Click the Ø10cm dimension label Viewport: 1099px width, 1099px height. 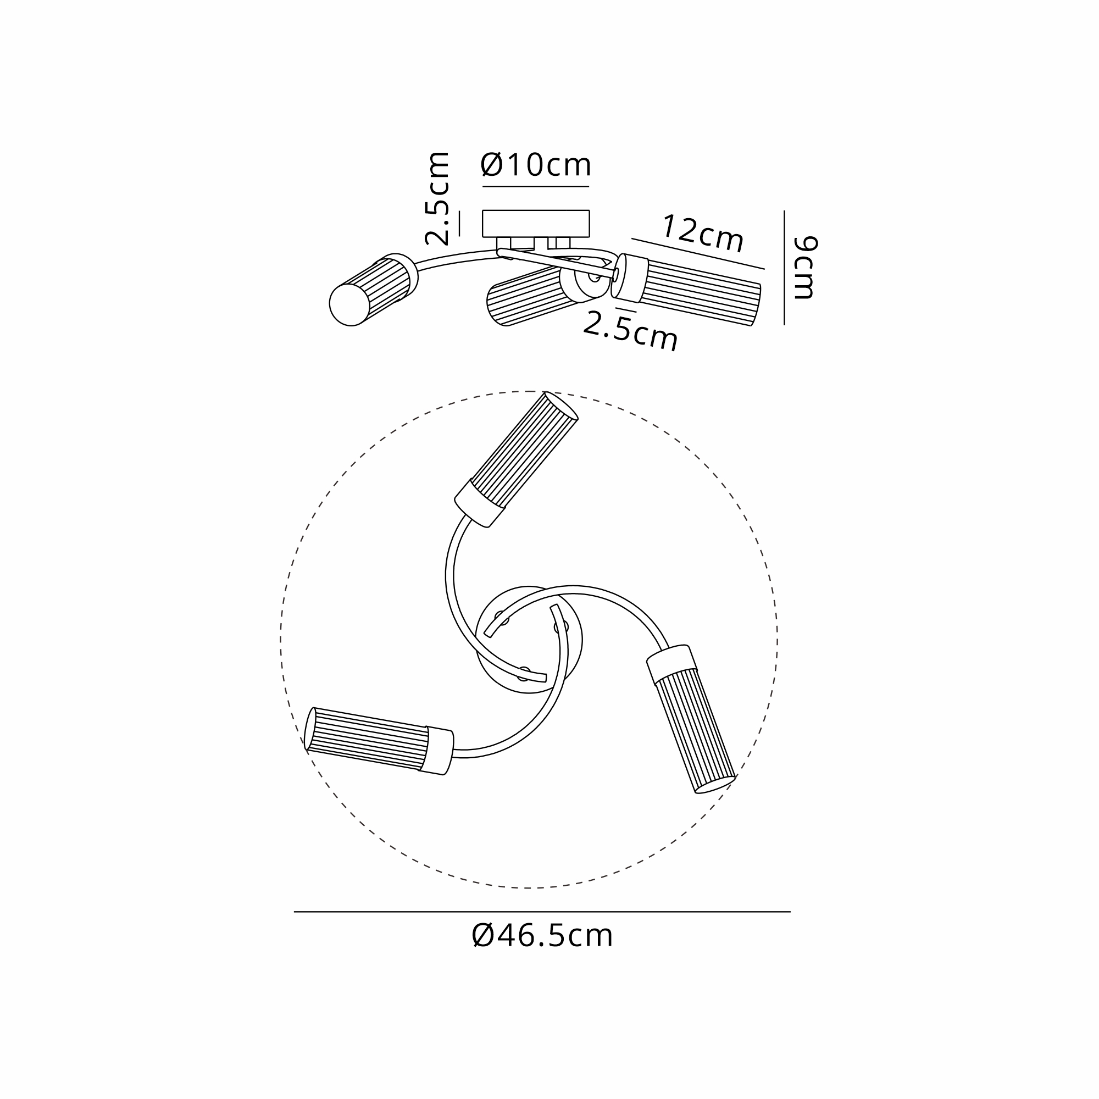[x=536, y=165]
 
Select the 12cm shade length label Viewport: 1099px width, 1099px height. [x=702, y=234]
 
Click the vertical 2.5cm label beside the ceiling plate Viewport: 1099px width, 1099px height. [x=438, y=198]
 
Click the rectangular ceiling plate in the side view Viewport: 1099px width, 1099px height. [x=536, y=224]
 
